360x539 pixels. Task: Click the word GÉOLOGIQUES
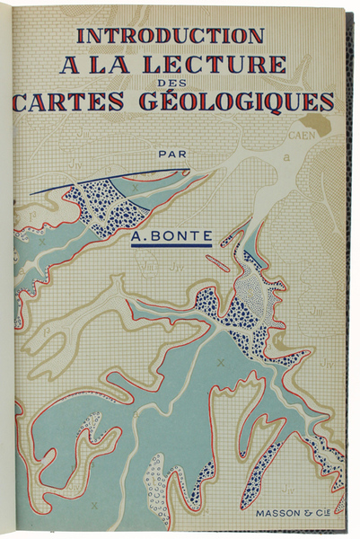click(x=242, y=101)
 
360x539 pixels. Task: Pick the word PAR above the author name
click(x=171, y=153)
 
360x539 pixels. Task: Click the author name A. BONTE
click(x=171, y=238)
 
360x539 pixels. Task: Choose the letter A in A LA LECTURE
click(x=69, y=64)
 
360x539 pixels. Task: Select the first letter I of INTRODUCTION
click(x=81, y=35)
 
